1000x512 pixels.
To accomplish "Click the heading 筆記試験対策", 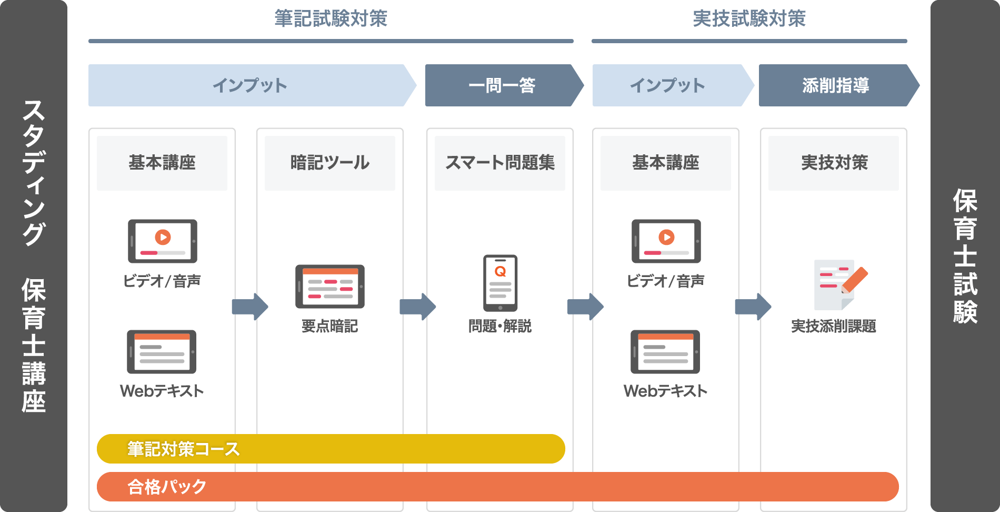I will point(331,19).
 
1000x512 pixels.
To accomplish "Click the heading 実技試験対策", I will point(749,19).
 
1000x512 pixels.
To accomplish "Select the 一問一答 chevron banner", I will point(502,85).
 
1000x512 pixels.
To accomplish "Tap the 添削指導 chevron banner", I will point(835,85).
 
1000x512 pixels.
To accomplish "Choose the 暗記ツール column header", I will point(330,163).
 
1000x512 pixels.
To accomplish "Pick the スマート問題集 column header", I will point(499,163).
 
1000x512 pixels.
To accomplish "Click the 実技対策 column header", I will point(834,163).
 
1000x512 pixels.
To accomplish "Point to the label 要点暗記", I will point(329,327).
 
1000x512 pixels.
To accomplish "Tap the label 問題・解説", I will point(500,327).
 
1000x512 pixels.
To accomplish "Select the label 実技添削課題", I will point(834,327).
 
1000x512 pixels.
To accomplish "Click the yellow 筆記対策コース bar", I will point(331,449).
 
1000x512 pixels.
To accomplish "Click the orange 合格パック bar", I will point(497,487).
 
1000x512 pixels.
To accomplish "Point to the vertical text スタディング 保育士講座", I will point(34,256).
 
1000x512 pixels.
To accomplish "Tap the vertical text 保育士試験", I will point(965,256).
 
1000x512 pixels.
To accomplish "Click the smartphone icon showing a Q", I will point(500,283).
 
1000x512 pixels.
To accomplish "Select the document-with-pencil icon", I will point(839,283).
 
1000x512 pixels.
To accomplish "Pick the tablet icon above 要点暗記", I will point(330,286).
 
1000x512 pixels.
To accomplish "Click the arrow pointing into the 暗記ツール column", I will point(250,307).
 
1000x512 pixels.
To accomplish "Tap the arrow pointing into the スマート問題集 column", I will point(418,307).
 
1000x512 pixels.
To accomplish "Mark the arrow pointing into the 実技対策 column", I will point(753,307).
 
